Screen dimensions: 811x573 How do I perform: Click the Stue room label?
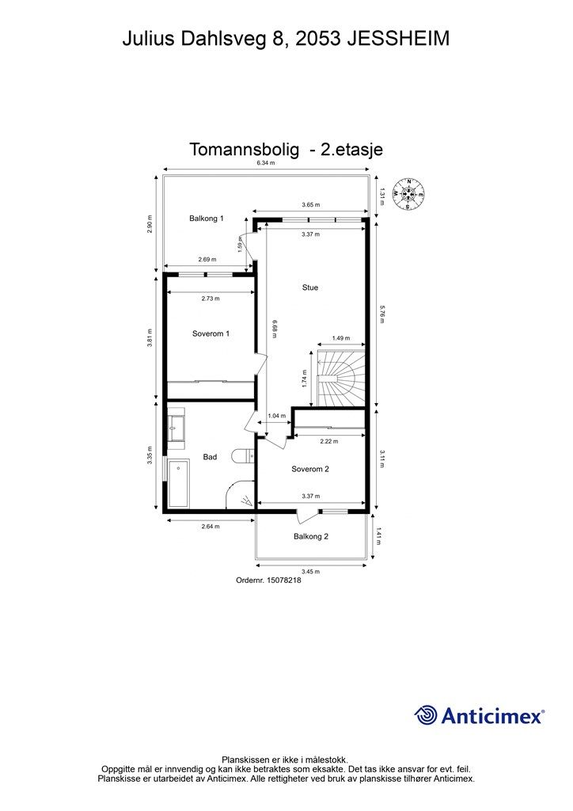(x=310, y=287)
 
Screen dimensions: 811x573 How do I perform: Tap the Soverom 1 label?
(x=211, y=333)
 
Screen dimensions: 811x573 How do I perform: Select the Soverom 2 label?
(x=310, y=469)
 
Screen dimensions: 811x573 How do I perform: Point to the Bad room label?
(x=210, y=456)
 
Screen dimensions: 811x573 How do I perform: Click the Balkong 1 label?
(x=207, y=218)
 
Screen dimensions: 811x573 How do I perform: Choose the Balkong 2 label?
(x=311, y=536)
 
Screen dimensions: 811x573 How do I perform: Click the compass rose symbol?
(x=408, y=194)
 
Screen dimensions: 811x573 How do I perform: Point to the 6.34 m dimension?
(x=265, y=163)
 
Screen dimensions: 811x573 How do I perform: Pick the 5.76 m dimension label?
(x=381, y=313)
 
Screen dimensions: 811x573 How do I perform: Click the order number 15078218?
(x=268, y=580)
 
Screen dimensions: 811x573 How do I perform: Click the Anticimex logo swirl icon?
(x=426, y=715)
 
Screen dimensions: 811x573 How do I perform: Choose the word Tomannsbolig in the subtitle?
(x=245, y=149)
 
